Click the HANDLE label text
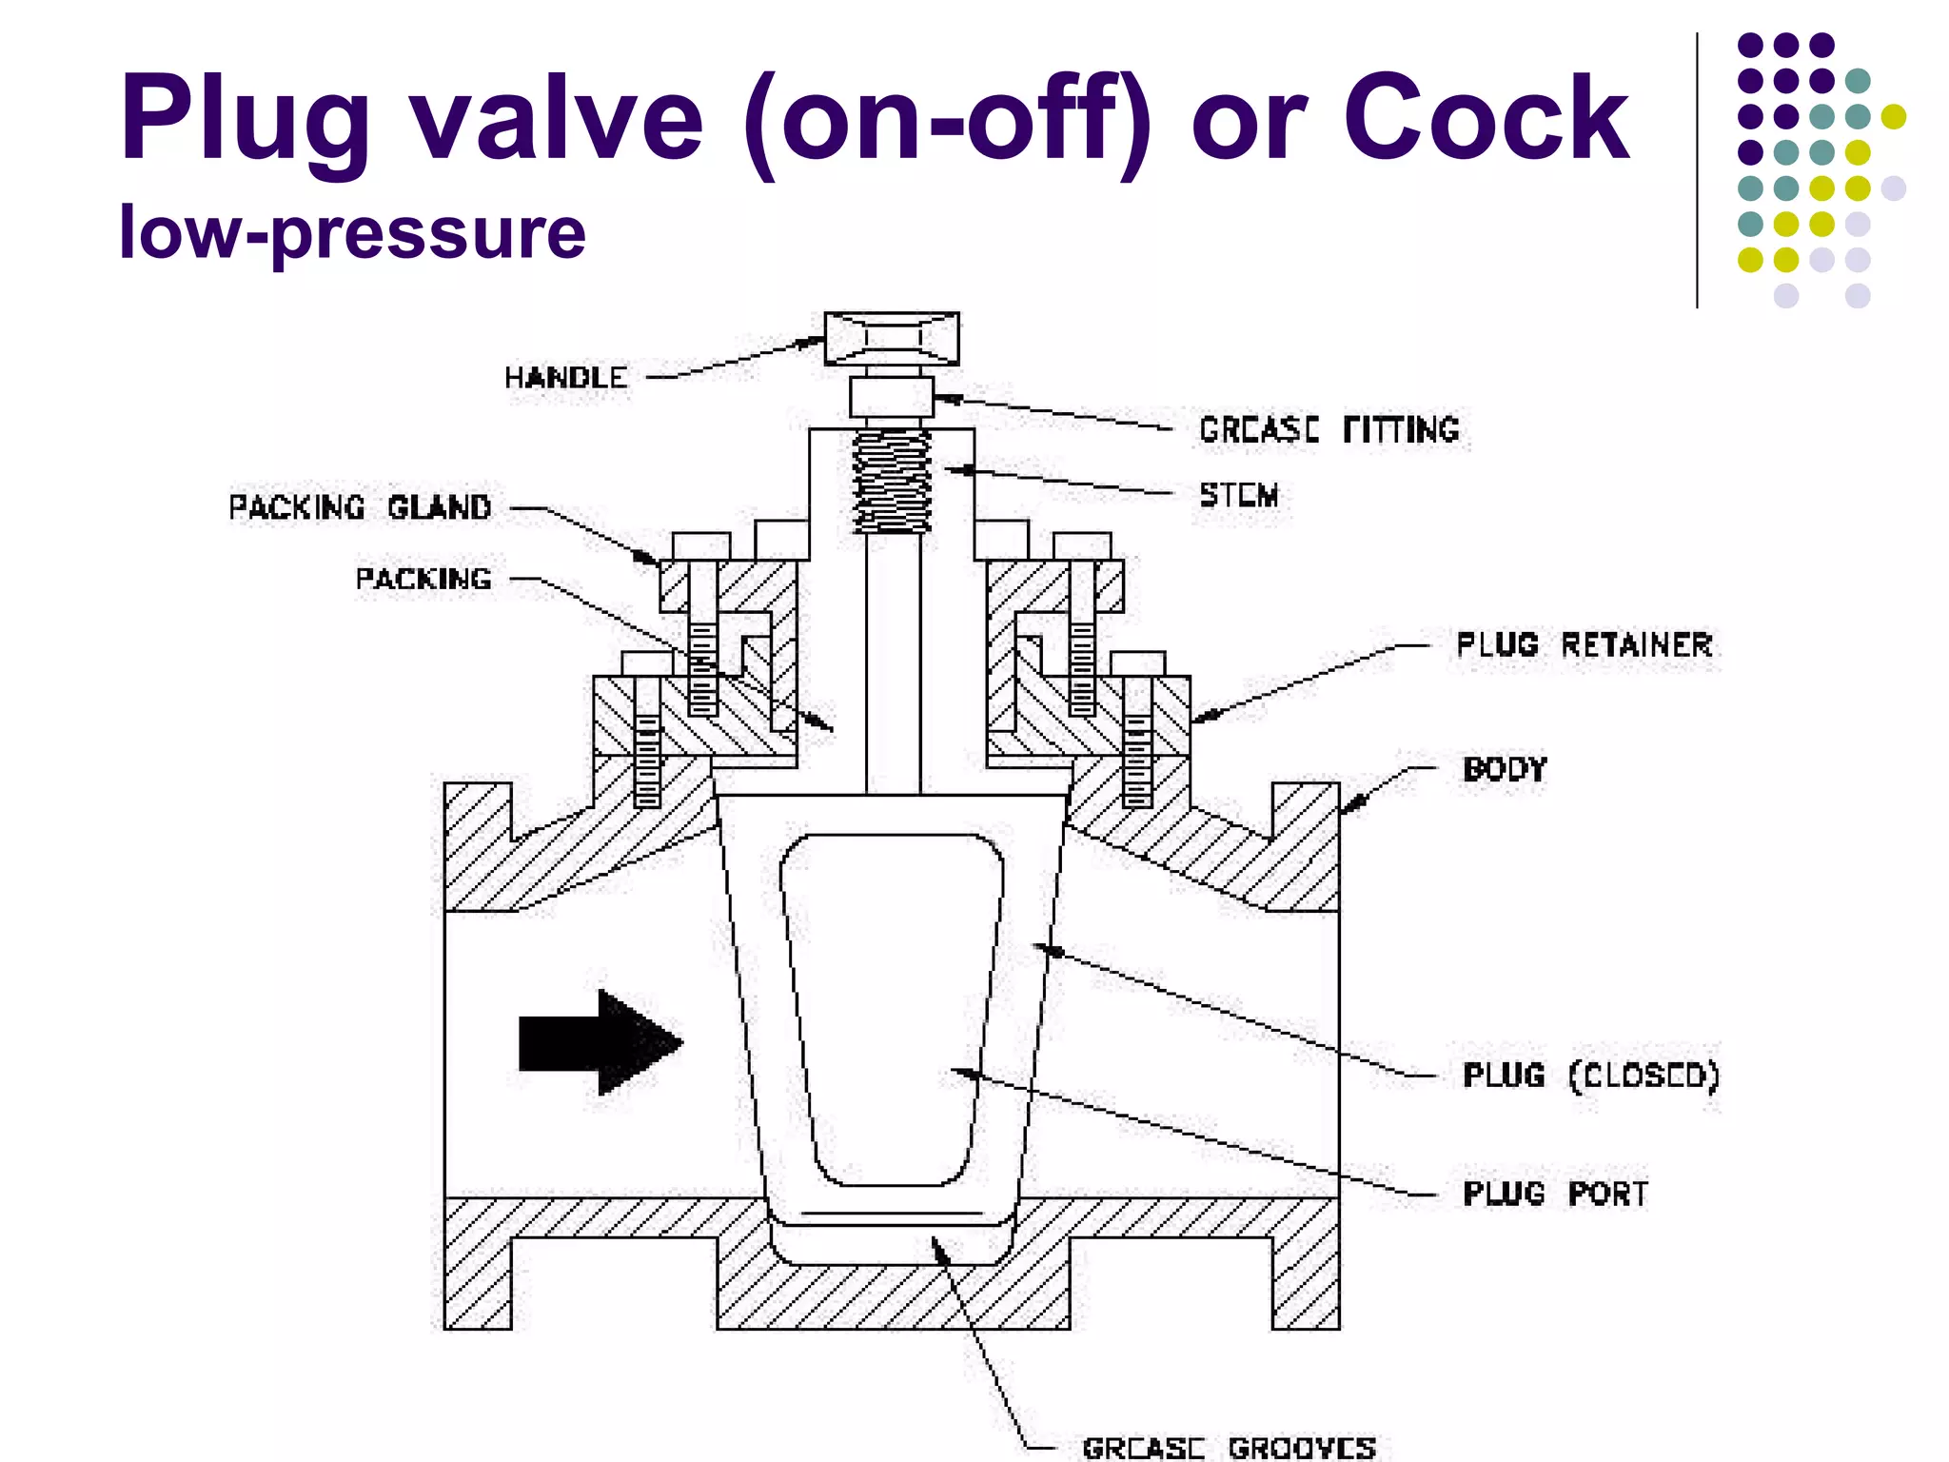565,378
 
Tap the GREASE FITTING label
1329,430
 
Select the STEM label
1238,495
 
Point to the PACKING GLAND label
360,507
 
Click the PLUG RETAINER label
1585,645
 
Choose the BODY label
1505,769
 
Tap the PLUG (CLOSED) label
1590,1076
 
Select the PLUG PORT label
1555,1194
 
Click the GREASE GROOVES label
1229,1448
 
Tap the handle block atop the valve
892,338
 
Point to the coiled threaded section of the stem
892,481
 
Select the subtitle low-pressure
352,233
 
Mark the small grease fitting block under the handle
892,397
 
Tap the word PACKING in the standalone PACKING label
423,579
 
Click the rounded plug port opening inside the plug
892,1009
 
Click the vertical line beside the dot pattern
1697,171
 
